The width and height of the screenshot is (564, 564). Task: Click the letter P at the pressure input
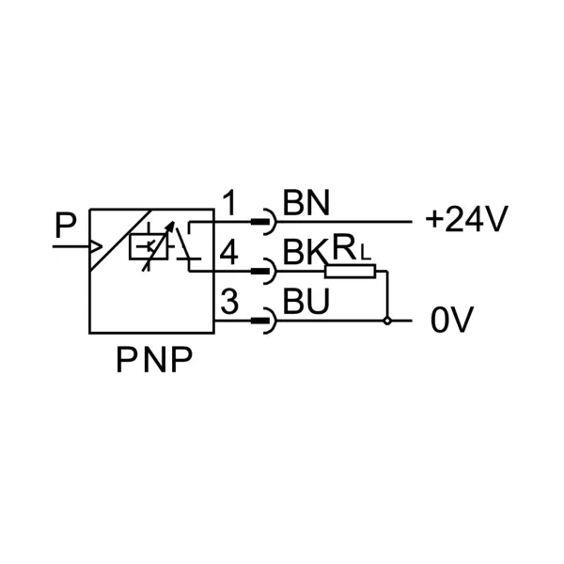(x=65, y=226)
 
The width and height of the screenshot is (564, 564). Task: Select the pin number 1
(x=230, y=201)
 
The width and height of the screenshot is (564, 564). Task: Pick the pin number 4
(x=230, y=252)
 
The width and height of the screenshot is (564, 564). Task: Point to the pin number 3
(x=230, y=303)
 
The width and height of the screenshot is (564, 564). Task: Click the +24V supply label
(x=466, y=221)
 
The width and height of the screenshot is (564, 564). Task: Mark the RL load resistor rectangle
(x=351, y=273)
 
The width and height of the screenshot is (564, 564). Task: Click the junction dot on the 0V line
(x=386, y=321)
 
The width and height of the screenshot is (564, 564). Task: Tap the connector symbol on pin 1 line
(x=264, y=224)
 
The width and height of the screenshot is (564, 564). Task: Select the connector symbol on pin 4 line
(x=264, y=273)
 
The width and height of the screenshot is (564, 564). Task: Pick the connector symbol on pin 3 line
(x=264, y=321)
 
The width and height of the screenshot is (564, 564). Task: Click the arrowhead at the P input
(x=95, y=247)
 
